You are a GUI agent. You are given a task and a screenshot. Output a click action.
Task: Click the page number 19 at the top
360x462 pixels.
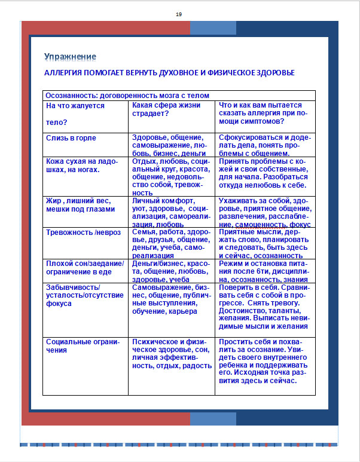click(179, 14)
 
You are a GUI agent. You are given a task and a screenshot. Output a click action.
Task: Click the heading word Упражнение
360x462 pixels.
click(70, 57)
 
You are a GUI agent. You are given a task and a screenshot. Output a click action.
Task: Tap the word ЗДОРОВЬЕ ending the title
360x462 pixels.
click(273, 72)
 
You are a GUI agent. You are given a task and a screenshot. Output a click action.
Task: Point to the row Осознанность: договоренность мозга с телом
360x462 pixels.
click(127, 95)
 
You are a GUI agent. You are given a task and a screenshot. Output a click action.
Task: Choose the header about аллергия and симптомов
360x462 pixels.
click(263, 114)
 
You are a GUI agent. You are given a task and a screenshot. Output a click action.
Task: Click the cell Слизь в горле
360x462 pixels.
click(71, 138)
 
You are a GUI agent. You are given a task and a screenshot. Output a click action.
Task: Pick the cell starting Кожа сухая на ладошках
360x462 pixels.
click(81, 165)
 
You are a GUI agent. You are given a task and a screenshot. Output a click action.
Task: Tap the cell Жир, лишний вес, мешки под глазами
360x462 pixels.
click(80, 205)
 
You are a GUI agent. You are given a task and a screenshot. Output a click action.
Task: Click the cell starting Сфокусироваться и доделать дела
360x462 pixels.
click(263, 145)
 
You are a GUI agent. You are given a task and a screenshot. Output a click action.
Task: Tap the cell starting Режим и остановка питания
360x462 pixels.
click(263, 271)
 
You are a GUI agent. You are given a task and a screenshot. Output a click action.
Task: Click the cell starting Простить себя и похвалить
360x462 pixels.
click(263, 361)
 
